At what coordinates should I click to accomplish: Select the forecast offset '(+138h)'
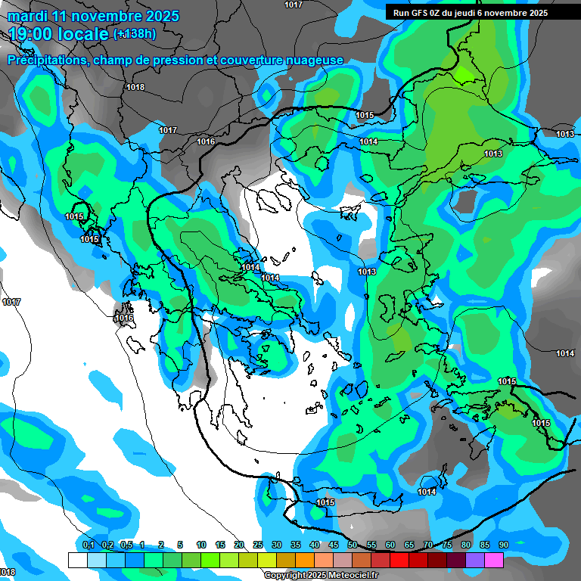pos(135,33)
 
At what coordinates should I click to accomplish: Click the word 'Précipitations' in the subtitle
pos(45,60)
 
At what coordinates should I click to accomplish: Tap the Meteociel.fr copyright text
pos(321,576)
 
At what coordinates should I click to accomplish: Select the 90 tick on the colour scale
pos(503,545)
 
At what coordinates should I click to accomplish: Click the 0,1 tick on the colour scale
pos(88,545)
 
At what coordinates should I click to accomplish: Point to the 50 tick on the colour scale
pos(353,545)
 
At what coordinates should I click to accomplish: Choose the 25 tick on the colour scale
pos(258,545)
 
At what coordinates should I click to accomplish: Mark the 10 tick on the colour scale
pos(201,545)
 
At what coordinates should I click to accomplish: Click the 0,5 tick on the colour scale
pos(126,545)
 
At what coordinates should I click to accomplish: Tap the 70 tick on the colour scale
pos(428,545)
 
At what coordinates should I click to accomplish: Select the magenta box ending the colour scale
pos(494,560)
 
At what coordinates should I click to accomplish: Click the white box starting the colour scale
pos(77,560)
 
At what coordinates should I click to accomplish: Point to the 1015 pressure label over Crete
pos(325,502)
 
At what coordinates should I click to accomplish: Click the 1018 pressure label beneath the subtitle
pos(135,87)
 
